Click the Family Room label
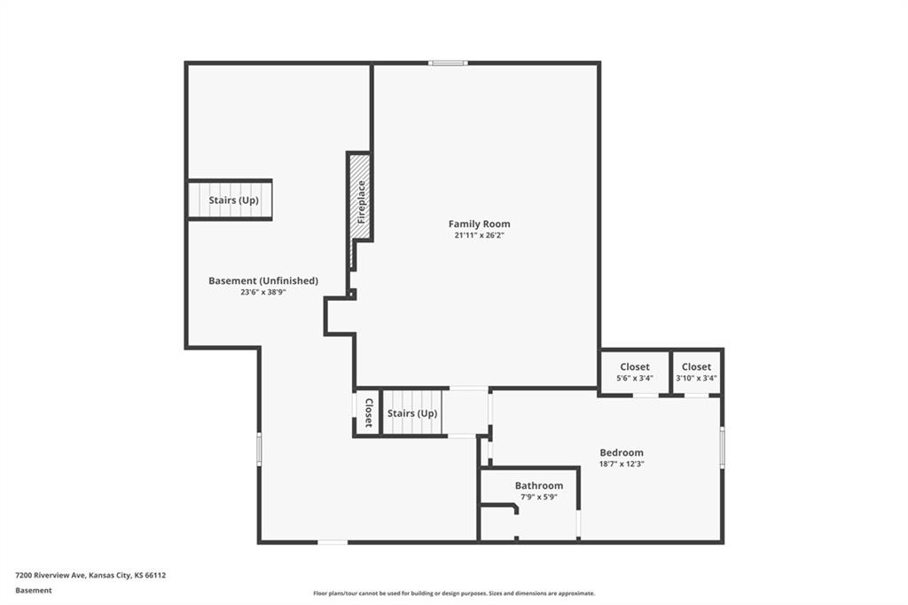tap(480, 224)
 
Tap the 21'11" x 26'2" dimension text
tap(480, 235)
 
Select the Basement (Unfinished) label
tap(263, 280)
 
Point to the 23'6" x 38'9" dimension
tap(263, 292)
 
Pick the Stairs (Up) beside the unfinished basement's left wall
tap(230, 200)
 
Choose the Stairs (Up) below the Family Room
tap(413, 413)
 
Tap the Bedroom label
tap(622, 452)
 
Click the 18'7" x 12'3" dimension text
tap(622, 464)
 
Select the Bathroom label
tap(539, 485)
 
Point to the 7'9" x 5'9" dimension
tap(539, 497)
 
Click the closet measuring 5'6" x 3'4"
tap(635, 372)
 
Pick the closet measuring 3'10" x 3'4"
tap(696, 372)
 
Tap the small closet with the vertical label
tap(367, 412)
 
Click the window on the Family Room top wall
tap(448, 63)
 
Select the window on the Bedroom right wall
tap(722, 447)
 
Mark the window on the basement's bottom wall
tap(333, 542)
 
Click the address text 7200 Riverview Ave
tap(51, 576)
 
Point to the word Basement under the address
tap(34, 591)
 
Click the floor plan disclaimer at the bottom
tap(454, 593)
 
